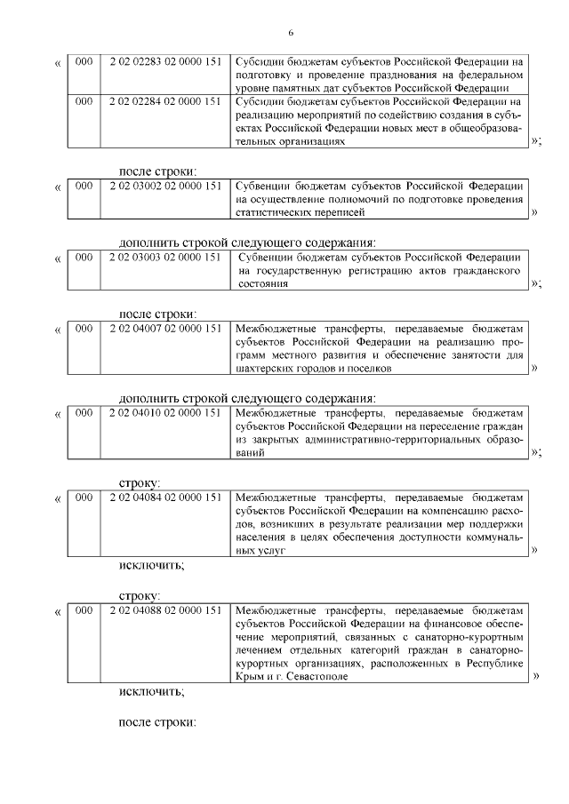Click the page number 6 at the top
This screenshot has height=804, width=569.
point(291,33)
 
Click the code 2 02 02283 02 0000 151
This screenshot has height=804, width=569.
point(164,62)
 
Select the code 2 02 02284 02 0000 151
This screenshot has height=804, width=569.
point(164,102)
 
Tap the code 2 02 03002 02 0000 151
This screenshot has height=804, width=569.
point(164,186)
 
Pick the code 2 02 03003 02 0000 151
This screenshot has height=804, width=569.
point(164,258)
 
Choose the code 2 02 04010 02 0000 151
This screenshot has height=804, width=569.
point(164,413)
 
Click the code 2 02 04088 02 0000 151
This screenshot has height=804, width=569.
point(164,610)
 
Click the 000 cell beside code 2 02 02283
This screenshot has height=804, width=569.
point(84,62)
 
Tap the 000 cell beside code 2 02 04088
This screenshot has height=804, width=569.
point(84,610)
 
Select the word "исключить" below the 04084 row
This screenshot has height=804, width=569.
point(152,565)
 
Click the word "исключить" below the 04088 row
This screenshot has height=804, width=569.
point(152,690)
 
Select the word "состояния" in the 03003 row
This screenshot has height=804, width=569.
point(263,283)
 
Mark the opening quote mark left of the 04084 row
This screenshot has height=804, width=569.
point(59,499)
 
